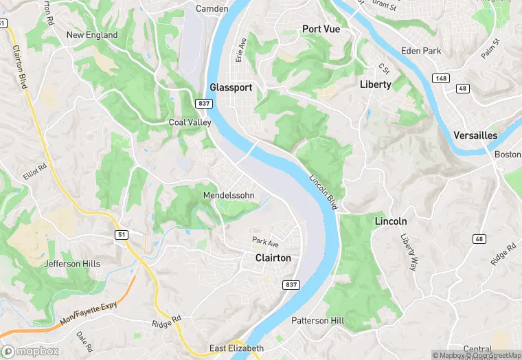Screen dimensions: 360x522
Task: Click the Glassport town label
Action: coord(231,87)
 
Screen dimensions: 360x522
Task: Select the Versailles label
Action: coord(475,135)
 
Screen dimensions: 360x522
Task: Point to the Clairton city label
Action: coord(273,258)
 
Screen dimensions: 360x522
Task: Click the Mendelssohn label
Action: coord(229,196)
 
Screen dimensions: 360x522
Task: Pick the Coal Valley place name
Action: coord(190,122)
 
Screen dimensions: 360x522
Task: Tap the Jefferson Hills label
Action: coord(72,264)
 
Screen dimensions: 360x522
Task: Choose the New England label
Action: coord(92,35)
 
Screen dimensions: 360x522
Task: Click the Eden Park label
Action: coord(421,51)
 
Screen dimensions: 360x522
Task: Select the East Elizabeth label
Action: coord(236,348)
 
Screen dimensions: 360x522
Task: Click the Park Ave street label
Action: coord(265,241)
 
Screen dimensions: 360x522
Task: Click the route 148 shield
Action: coord(440,78)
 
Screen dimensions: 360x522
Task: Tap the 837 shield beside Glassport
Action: coord(203,103)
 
